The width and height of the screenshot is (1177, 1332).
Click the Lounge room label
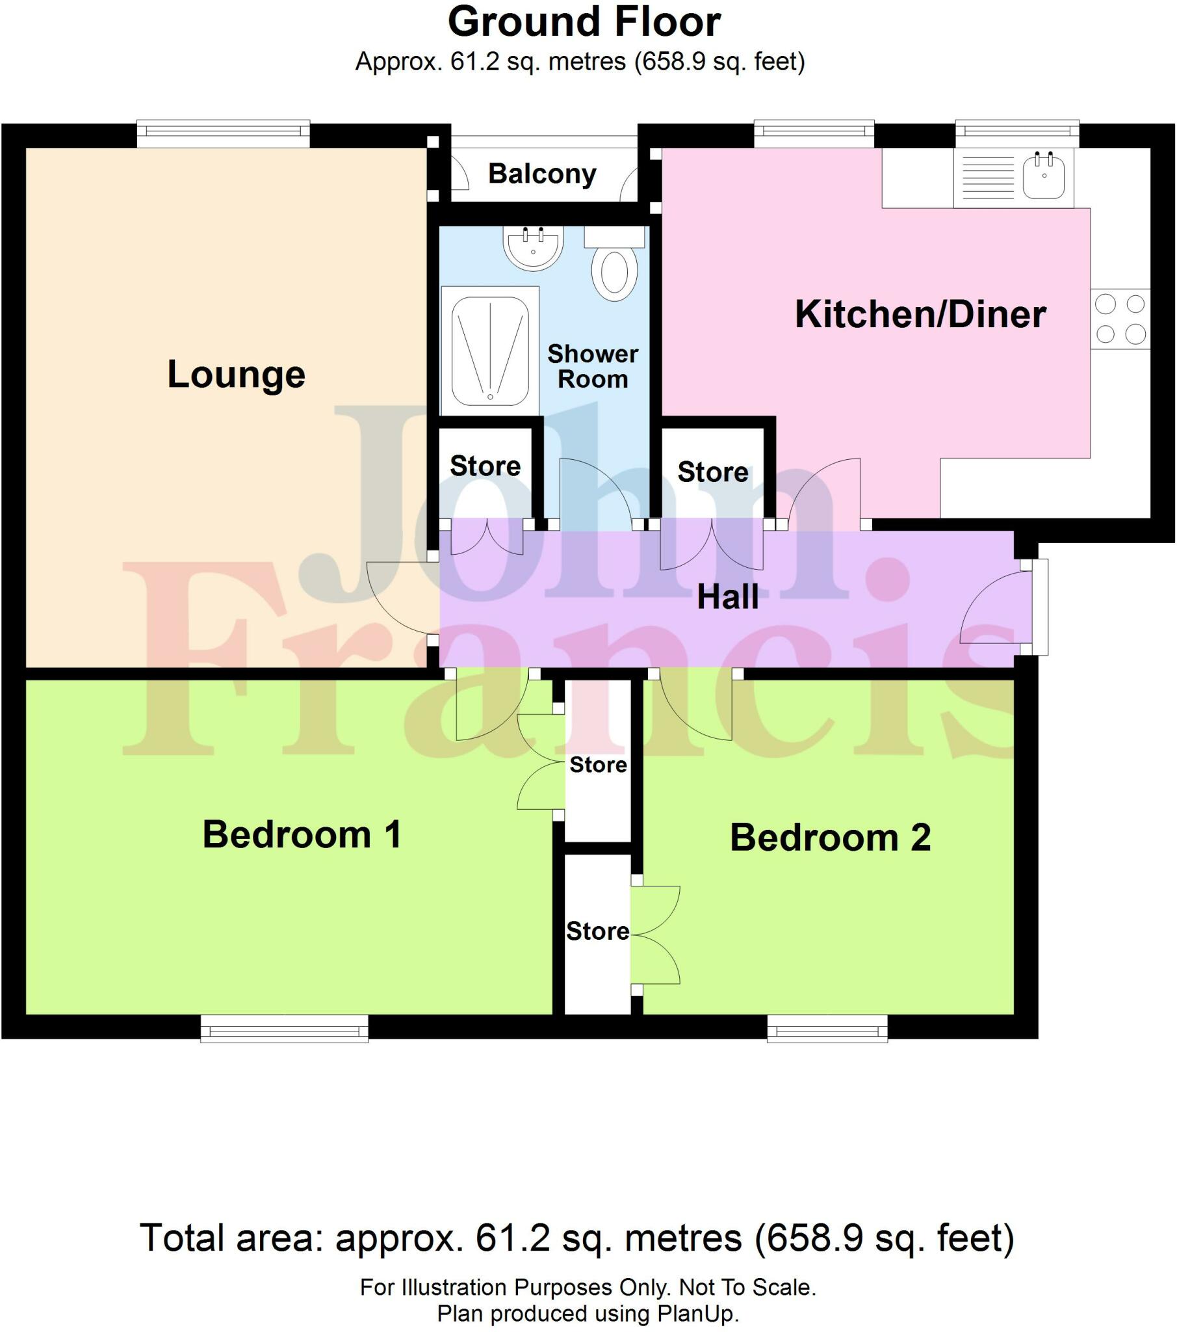click(x=236, y=375)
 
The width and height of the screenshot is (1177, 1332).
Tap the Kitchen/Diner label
click(x=920, y=314)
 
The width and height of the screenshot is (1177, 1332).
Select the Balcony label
click(x=542, y=174)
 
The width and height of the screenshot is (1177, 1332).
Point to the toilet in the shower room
click(x=614, y=271)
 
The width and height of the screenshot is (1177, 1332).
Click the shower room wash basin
click(x=533, y=248)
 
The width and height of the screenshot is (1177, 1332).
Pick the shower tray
click(x=490, y=351)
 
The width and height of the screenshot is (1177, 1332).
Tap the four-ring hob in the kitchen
click(x=1120, y=319)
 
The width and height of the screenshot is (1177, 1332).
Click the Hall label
click(x=727, y=597)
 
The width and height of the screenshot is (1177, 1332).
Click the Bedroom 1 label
click(x=302, y=835)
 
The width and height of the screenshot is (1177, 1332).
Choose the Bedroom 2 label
click(x=830, y=838)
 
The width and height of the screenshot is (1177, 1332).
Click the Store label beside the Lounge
click(x=485, y=466)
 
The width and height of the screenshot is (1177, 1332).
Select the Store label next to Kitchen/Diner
click(x=712, y=472)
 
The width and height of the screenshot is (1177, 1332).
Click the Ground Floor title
click(x=584, y=22)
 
